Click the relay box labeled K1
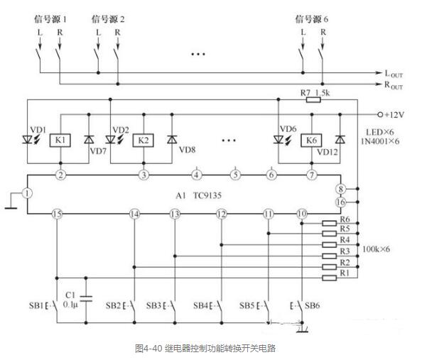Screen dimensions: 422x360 pos(60,141)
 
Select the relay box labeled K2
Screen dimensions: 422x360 pos(144,141)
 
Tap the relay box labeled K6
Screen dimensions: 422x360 pos(311,141)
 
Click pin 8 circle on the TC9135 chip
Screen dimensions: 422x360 pos(341,189)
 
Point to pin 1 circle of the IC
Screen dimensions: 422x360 pos(27,193)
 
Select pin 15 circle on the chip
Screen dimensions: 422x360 pos(57,214)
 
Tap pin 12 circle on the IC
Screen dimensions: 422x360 pos(221,214)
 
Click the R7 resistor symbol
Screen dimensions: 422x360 pos(313,100)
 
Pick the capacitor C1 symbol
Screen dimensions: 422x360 pos(86,298)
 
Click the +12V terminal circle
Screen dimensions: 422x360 pos(380,114)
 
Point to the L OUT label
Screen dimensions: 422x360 pos(394,74)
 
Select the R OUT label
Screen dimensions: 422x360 pos(394,85)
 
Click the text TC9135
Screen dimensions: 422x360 pos(207,195)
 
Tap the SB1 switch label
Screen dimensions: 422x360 pos(36,305)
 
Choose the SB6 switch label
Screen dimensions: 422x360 pos(313,305)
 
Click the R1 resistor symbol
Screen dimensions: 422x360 pos(330,278)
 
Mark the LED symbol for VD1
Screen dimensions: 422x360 pos(27,139)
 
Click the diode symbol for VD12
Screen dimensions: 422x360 pos(340,139)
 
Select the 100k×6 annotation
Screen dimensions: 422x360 pos(376,249)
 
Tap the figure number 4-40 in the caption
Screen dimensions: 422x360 pos(153,349)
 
